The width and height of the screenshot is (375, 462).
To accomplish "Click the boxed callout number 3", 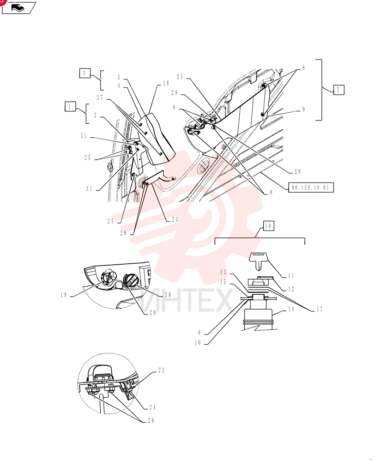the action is pyautogui.click(x=85, y=73).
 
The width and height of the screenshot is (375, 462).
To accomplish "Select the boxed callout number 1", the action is pyautogui.click(x=70, y=106).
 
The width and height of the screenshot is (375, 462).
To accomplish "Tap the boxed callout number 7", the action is pyautogui.click(x=339, y=90).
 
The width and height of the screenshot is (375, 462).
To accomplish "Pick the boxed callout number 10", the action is pyautogui.click(x=268, y=226).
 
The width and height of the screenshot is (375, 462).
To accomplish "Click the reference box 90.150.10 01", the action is pyautogui.click(x=310, y=188).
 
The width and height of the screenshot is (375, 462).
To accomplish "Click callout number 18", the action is pyautogui.click(x=166, y=83).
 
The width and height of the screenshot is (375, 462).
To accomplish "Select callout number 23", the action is pyautogui.click(x=180, y=77).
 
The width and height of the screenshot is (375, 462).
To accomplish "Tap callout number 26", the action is pyautogui.click(x=298, y=171).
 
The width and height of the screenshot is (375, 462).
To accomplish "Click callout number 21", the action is pyautogui.click(x=175, y=219).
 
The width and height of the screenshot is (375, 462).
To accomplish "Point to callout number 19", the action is pyautogui.click(x=64, y=295).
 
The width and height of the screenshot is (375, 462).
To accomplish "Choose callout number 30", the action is pyautogui.click(x=168, y=295).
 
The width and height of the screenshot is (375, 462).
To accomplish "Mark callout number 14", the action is pyautogui.click(x=291, y=309).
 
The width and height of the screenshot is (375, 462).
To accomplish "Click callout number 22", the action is pyautogui.click(x=162, y=370).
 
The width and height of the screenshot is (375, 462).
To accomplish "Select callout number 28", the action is pyautogui.click(x=151, y=421).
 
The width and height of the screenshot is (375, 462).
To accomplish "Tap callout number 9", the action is pyautogui.click(x=304, y=109).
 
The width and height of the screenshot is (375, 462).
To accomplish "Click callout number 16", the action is pyautogui.click(x=198, y=342).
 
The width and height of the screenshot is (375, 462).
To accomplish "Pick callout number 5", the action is pyautogui.click(x=119, y=78).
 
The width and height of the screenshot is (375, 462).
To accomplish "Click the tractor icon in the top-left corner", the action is pyautogui.click(x=19, y=8).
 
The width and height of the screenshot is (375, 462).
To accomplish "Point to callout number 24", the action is pyautogui.click(x=152, y=407).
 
